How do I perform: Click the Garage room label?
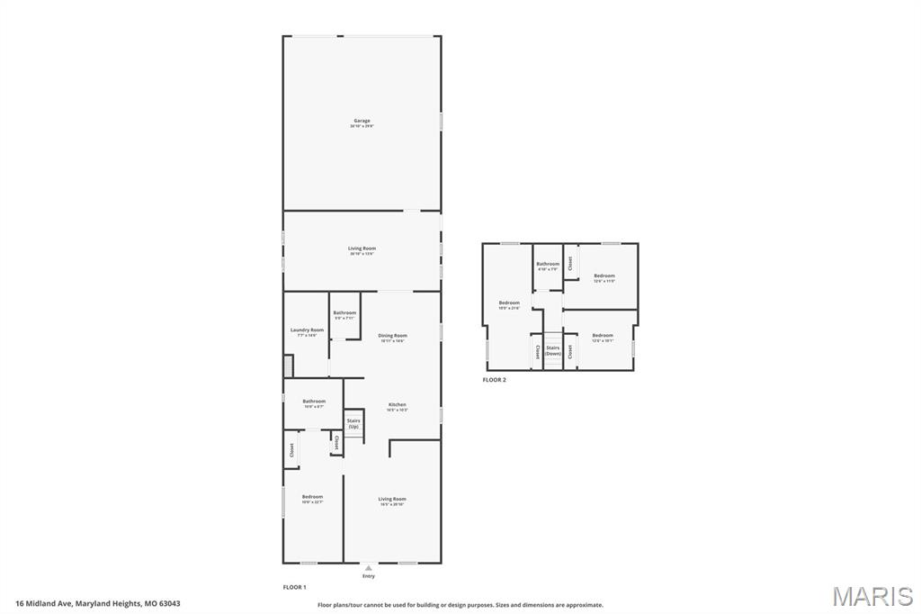click(362, 121)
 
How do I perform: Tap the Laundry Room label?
click(307, 330)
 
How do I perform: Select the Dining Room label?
click(393, 336)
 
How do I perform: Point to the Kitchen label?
click(397, 405)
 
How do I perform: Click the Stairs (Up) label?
click(353, 423)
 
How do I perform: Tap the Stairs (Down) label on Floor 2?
click(552, 350)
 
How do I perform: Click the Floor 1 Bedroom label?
click(312, 497)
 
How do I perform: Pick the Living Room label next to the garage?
click(362, 248)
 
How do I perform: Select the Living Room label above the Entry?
click(392, 499)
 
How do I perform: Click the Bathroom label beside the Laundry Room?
click(344, 312)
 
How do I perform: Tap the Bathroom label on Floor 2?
click(548, 265)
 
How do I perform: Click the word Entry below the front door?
click(368, 576)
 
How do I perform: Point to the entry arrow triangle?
click(368, 568)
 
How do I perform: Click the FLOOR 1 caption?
click(295, 587)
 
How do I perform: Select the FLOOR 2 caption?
click(494, 380)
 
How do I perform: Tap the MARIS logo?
click(872, 595)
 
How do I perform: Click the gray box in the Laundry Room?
click(288, 366)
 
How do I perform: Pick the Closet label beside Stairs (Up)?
click(336, 443)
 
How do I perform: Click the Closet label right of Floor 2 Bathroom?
click(569, 263)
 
